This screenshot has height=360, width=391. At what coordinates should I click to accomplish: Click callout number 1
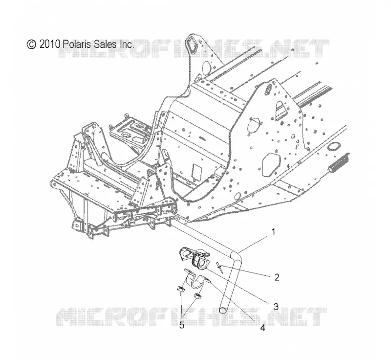pos(273,232)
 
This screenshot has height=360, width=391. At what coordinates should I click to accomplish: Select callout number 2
pos(277,277)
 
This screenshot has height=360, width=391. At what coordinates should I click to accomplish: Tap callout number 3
pos(276,306)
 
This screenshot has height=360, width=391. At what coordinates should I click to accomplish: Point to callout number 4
pos(262,328)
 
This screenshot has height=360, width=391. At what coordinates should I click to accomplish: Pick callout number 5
pos(182,325)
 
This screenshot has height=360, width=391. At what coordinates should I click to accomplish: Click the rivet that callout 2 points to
pos(219,269)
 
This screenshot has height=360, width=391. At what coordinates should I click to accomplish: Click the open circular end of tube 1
pos(223,310)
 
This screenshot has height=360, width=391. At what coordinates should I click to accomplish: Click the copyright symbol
pos(31,44)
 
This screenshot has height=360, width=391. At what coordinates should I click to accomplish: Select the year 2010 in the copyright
pos(50,44)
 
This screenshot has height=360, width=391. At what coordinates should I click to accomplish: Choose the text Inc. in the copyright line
pos(127,44)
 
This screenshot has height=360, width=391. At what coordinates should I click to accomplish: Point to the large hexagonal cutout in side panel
pos(271,164)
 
